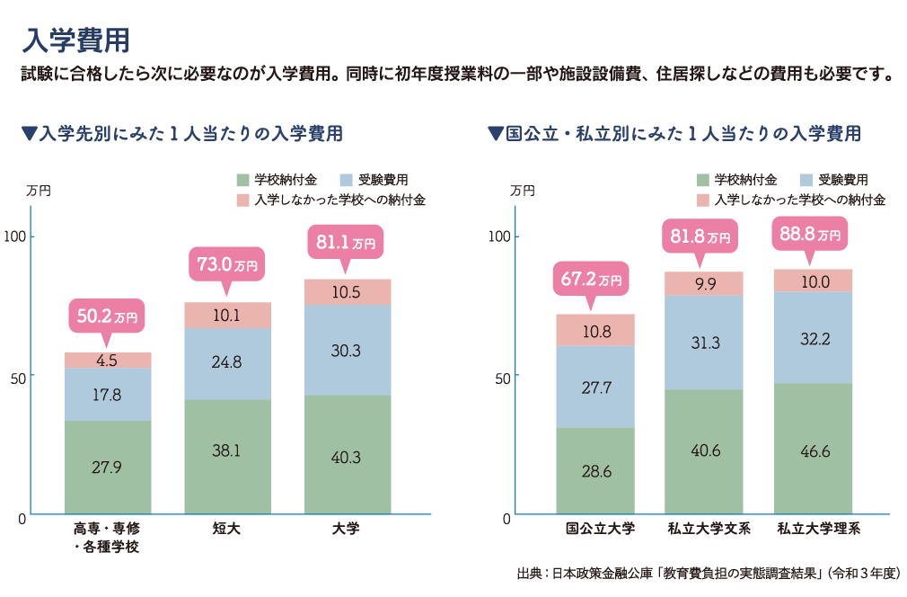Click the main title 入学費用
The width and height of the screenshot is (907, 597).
pos(77,40)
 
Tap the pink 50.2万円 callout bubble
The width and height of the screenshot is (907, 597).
pos(107,317)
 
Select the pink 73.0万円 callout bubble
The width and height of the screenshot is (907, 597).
pos(227,265)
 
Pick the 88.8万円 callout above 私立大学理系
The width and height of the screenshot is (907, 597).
pos(811,236)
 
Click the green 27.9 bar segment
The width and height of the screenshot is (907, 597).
pos(108,468)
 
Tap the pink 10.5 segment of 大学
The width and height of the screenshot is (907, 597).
pos(347,292)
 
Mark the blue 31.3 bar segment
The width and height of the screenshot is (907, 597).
pos(704,343)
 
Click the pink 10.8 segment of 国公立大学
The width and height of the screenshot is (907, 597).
pos(595,330)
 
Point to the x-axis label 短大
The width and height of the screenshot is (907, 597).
pos(227,529)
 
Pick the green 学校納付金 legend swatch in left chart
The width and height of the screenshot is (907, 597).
pos(242,180)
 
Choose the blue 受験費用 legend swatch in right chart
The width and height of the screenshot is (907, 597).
pos(806,180)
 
